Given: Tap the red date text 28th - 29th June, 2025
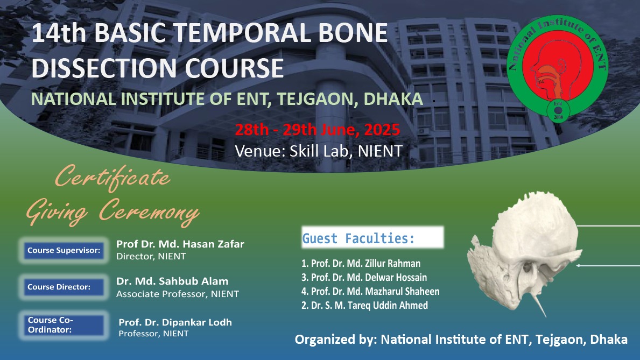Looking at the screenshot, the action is [317, 129].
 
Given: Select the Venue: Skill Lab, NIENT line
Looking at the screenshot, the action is [319, 151].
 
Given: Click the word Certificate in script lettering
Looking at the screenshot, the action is [112, 177].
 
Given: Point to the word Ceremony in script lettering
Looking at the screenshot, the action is [149, 211].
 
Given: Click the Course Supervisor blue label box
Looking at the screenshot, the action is [64, 250].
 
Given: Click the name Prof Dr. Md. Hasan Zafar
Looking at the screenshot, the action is [180, 244].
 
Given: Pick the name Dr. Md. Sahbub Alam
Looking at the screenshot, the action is [172, 281].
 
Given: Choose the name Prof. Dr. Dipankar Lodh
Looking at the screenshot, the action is [175, 322].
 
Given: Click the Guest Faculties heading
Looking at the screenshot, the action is [358, 238].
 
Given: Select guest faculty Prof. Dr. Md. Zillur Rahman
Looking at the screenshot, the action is [361, 263].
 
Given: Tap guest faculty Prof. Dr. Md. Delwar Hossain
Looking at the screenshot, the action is [364, 277].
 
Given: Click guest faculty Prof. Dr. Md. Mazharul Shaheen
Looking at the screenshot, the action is [370, 291].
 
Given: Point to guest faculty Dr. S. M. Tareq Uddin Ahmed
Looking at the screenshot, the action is [364, 305].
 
